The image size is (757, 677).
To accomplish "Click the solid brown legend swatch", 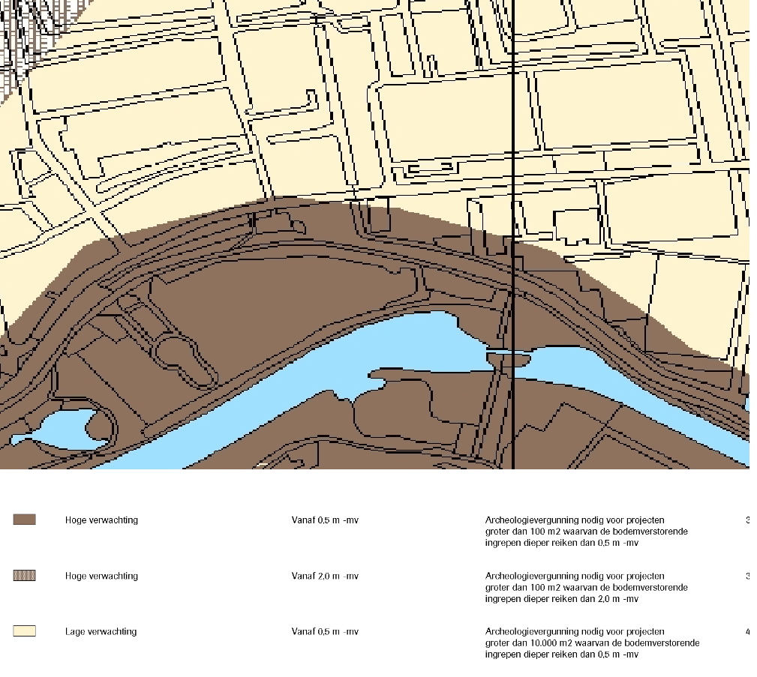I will coord(24,520).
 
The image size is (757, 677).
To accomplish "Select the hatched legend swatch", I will coord(24,576).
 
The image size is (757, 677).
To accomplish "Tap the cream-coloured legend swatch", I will coord(24,631).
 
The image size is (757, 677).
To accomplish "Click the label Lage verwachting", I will coord(101,632).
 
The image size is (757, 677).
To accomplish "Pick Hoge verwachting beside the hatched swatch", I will coord(101,577).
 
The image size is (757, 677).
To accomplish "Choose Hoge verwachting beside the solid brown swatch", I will coord(101,520).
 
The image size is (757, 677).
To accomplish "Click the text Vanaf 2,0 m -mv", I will coord(325,577).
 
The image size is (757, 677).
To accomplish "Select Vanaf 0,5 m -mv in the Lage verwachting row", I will coord(325,632).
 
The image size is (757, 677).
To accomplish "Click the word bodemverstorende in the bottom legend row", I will coord(667,643).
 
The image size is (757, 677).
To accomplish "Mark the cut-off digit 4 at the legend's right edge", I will coord(747,632).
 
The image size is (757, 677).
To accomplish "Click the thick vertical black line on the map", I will coord(514,150).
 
